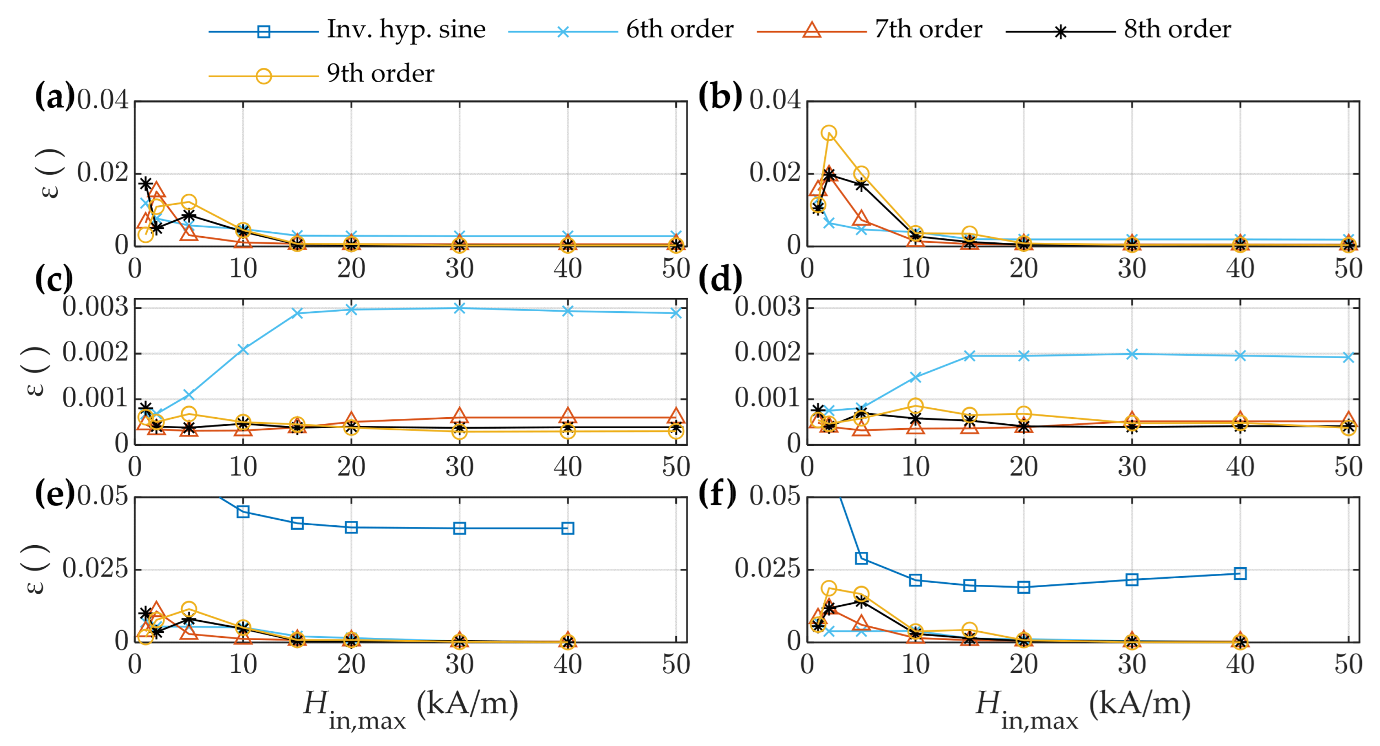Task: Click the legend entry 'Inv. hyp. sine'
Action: (406, 29)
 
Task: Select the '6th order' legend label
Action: (679, 29)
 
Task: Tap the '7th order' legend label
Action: (928, 29)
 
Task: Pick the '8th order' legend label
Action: (1177, 29)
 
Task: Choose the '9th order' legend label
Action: (380, 73)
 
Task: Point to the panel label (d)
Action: (719, 280)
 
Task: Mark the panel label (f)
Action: (717, 493)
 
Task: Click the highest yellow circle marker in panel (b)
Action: (829, 133)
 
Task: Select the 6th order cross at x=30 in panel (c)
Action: (459, 308)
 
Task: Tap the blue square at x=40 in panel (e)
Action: (568, 528)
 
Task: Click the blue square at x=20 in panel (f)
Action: (1024, 587)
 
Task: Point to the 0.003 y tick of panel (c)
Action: (95, 307)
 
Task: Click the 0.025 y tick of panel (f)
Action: (767, 568)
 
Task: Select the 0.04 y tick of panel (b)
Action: (774, 100)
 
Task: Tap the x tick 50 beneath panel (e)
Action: (676, 664)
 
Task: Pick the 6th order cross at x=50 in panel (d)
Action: (1349, 358)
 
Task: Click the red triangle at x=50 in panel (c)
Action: (676, 416)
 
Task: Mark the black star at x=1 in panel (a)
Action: (146, 184)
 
